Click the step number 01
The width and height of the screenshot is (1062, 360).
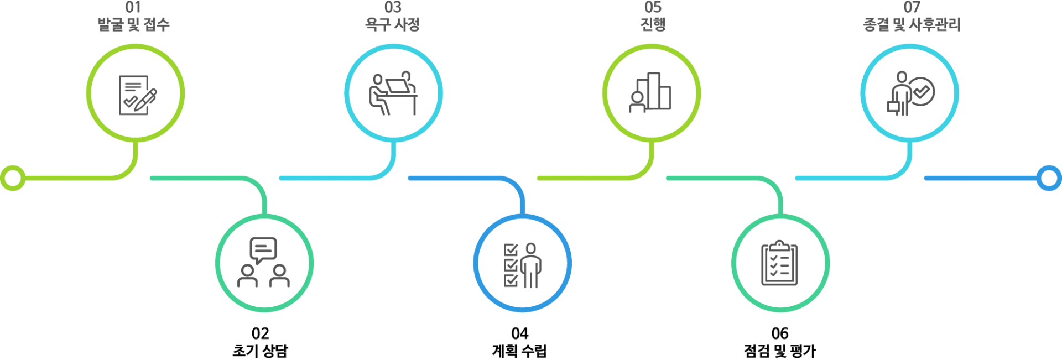pos(133,7)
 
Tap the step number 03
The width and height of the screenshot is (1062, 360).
pos(393,7)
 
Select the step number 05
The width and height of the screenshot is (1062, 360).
pos(653,7)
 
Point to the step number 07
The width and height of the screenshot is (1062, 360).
pos(912,7)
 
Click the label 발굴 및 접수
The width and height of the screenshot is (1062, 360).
pos(133,24)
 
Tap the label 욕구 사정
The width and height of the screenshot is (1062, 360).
pos(393,24)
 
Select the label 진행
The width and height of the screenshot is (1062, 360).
pos(653,24)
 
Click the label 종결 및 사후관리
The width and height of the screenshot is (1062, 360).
pos(912,24)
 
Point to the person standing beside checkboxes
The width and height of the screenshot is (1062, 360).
pos(531,265)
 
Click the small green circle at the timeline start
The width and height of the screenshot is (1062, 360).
pos(13,178)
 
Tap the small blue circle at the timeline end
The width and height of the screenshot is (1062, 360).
pos(1048,178)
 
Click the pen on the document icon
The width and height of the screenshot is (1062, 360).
pos(147,100)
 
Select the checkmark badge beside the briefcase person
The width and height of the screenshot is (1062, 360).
pos(922,91)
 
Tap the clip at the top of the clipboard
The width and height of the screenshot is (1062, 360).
pos(779,244)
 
